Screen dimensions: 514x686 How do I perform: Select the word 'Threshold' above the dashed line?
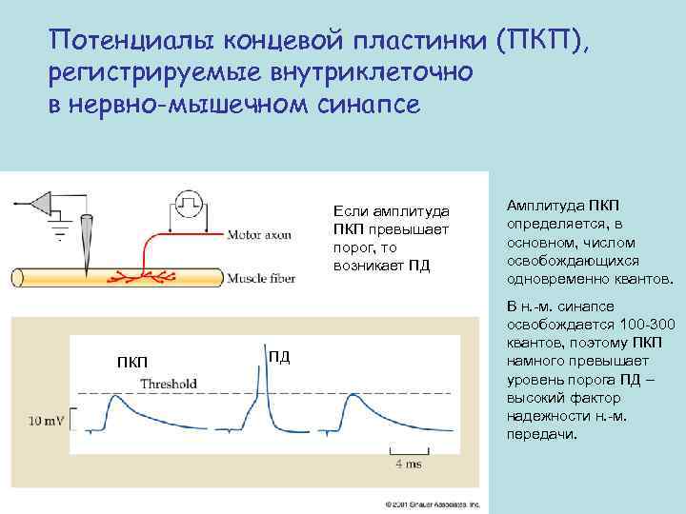[x=169, y=384]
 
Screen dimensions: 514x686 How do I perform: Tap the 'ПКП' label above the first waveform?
[x=132, y=362]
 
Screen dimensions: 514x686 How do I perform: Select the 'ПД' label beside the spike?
[x=278, y=356]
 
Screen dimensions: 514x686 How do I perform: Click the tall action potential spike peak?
[x=256, y=362]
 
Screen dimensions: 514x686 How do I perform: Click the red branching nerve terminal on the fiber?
[x=143, y=277]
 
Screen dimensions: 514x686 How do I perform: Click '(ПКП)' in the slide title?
[x=543, y=40]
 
